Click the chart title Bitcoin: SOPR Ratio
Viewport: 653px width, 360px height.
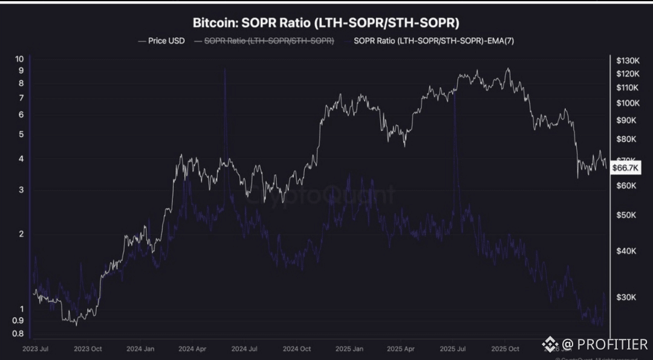[x=326, y=23]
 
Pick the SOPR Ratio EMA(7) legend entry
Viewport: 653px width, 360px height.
[x=434, y=41]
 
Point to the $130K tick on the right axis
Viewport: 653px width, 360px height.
[x=628, y=61]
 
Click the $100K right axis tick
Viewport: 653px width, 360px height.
[x=628, y=103]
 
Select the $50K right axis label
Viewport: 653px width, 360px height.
[x=626, y=215]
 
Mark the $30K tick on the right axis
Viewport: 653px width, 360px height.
[x=626, y=297]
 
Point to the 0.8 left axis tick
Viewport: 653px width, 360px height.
[x=18, y=333]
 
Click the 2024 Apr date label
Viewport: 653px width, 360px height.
[x=193, y=349]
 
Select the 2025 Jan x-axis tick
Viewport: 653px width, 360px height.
[x=349, y=349]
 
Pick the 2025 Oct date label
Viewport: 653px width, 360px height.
[x=505, y=349]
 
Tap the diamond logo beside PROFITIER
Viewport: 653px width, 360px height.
[x=550, y=344]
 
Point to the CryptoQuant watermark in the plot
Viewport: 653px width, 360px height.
[x=323, y=194]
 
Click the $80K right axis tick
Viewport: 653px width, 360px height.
[x=626, y=139]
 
